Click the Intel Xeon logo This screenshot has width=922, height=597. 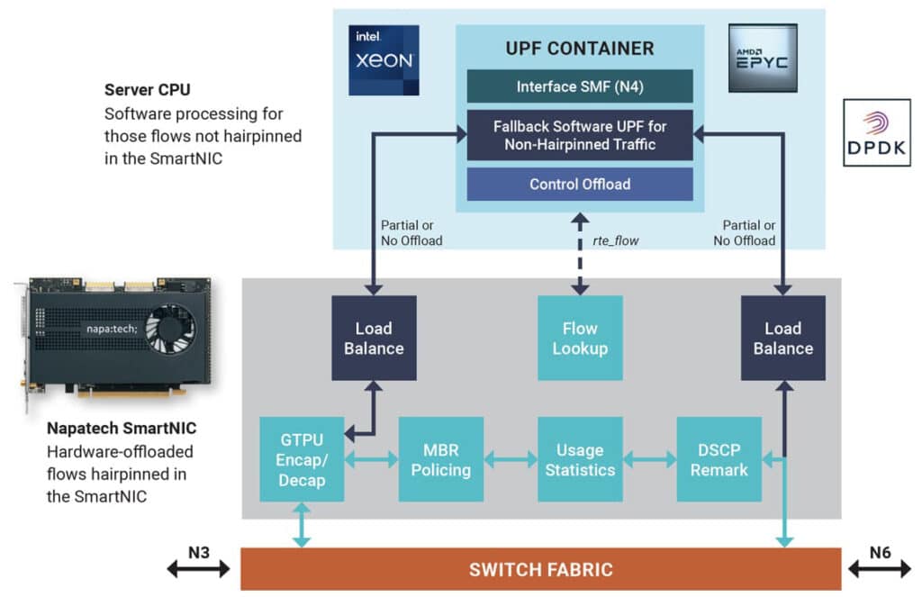click(x=384, y=59)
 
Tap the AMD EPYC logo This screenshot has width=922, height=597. click(x=763, y=58)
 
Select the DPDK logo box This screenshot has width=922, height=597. click(x=876, y=132)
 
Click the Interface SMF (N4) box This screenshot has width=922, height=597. click(x=579, y=86)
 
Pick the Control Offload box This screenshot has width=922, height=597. click(x=579, y=184)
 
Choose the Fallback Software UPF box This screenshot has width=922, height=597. click(x=579, y=135)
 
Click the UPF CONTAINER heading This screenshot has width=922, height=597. click(x=579, y=49)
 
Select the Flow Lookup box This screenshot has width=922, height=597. click(x=579, y=338)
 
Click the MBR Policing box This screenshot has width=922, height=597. click(x=441, y=458)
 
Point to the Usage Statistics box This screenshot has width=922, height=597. click(x=579, y=458)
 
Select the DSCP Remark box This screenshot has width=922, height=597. click(x=719, y=458)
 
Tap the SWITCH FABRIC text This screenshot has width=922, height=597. click(x=540, y=569)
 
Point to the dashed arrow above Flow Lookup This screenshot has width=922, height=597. click(x=579, y=255)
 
